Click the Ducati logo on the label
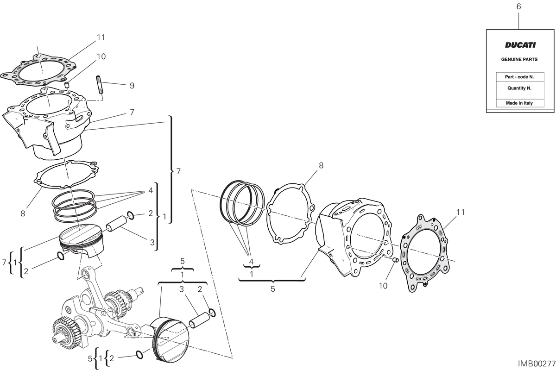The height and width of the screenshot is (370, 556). [x=520, y=45]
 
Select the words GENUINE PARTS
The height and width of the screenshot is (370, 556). [x=519, y=59]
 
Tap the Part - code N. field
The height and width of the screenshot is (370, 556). [x=520, y=77]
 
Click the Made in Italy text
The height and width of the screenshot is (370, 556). [x=519, y=103]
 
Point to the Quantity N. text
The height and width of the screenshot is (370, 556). [x=519, y=88]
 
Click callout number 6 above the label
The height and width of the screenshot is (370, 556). [x=518, y=6]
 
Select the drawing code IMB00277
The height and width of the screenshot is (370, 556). [x=537, y=364]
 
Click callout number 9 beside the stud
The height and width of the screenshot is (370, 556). [x=132, y=86]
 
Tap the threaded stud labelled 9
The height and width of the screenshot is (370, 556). [x=99, y=85]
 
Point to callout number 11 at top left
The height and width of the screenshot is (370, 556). [x=101, y=38]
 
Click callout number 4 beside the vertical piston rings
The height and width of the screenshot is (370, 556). [x=151, y=191]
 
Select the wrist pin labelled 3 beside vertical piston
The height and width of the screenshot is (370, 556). [x=117, y=224]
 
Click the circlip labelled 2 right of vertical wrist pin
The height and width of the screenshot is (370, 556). [x=131, y=215]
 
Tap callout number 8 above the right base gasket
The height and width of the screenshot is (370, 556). [x=321, y=165]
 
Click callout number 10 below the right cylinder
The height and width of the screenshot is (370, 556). [x=383, y=286]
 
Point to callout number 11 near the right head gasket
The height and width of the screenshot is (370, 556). [x=461, y=212]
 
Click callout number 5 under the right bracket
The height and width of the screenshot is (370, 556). [x=272, y=289]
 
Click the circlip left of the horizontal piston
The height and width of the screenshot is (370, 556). [x=140, y=354]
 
